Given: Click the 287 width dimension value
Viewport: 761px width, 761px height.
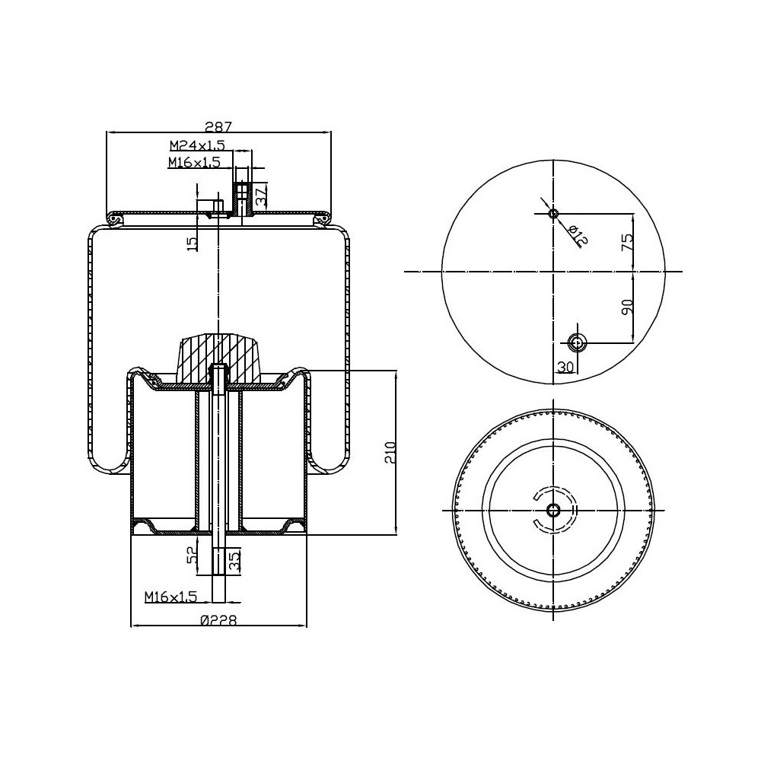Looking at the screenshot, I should click(x=218, y=126).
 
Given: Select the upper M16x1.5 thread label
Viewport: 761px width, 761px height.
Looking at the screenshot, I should click(x=194, y=161).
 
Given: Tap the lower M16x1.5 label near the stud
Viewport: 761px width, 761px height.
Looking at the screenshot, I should click(x=170, y=597).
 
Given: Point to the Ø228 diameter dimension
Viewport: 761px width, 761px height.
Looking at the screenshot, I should click(x=218, y=620).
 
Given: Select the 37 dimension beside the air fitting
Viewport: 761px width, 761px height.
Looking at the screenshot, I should click(x=260, y=197).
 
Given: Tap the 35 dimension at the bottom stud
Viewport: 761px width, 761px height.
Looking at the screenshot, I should click(x=235, y=561).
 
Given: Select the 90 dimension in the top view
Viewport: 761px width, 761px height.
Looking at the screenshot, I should click(x=628, y=307).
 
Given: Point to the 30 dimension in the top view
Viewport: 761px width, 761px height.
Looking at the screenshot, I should click(x=565, y=367).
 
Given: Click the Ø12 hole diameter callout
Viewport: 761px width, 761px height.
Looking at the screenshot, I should click(x=579, y=237).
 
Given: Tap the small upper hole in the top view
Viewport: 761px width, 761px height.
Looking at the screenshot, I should click(x=553, y=213).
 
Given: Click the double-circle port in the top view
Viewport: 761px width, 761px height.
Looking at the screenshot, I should click(x=578, y=343).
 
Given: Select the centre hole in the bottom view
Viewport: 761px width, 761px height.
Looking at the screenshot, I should click(x=553, y=510).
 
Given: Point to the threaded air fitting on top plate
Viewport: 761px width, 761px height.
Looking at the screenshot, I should click(x=242, y=199).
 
